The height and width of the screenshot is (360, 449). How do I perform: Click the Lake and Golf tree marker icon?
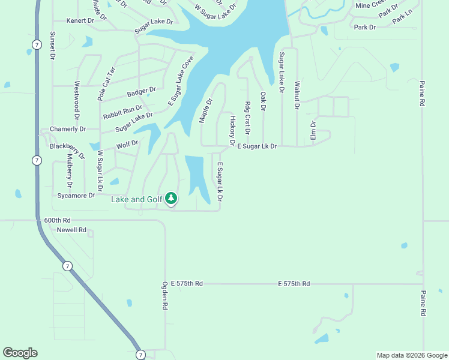[x=171, y=197]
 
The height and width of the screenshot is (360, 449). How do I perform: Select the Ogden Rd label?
[x=164, y=296]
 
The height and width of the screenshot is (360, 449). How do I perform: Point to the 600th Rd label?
[x=57, y=220]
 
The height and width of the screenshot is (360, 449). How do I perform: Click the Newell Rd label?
[x=72, y=230]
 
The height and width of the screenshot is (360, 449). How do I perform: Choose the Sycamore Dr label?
[x=76, y=196]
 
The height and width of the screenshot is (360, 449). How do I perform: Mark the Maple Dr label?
[x=206, y=111]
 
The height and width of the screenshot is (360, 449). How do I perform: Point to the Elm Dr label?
[x=313, y=131]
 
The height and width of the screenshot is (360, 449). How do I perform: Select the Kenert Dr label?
[x=80, y=20]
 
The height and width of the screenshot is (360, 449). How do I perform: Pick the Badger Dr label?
[x=142, y=92]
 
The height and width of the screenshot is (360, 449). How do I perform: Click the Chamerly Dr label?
[x=68, y=129]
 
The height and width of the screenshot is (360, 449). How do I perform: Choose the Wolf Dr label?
[x=127, y=145]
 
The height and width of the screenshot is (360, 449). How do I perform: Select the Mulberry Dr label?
[x=70, y=168]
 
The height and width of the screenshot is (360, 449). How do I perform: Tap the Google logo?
[x=20, y=353]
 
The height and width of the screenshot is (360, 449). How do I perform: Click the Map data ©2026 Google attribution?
[x=411, y=355]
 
